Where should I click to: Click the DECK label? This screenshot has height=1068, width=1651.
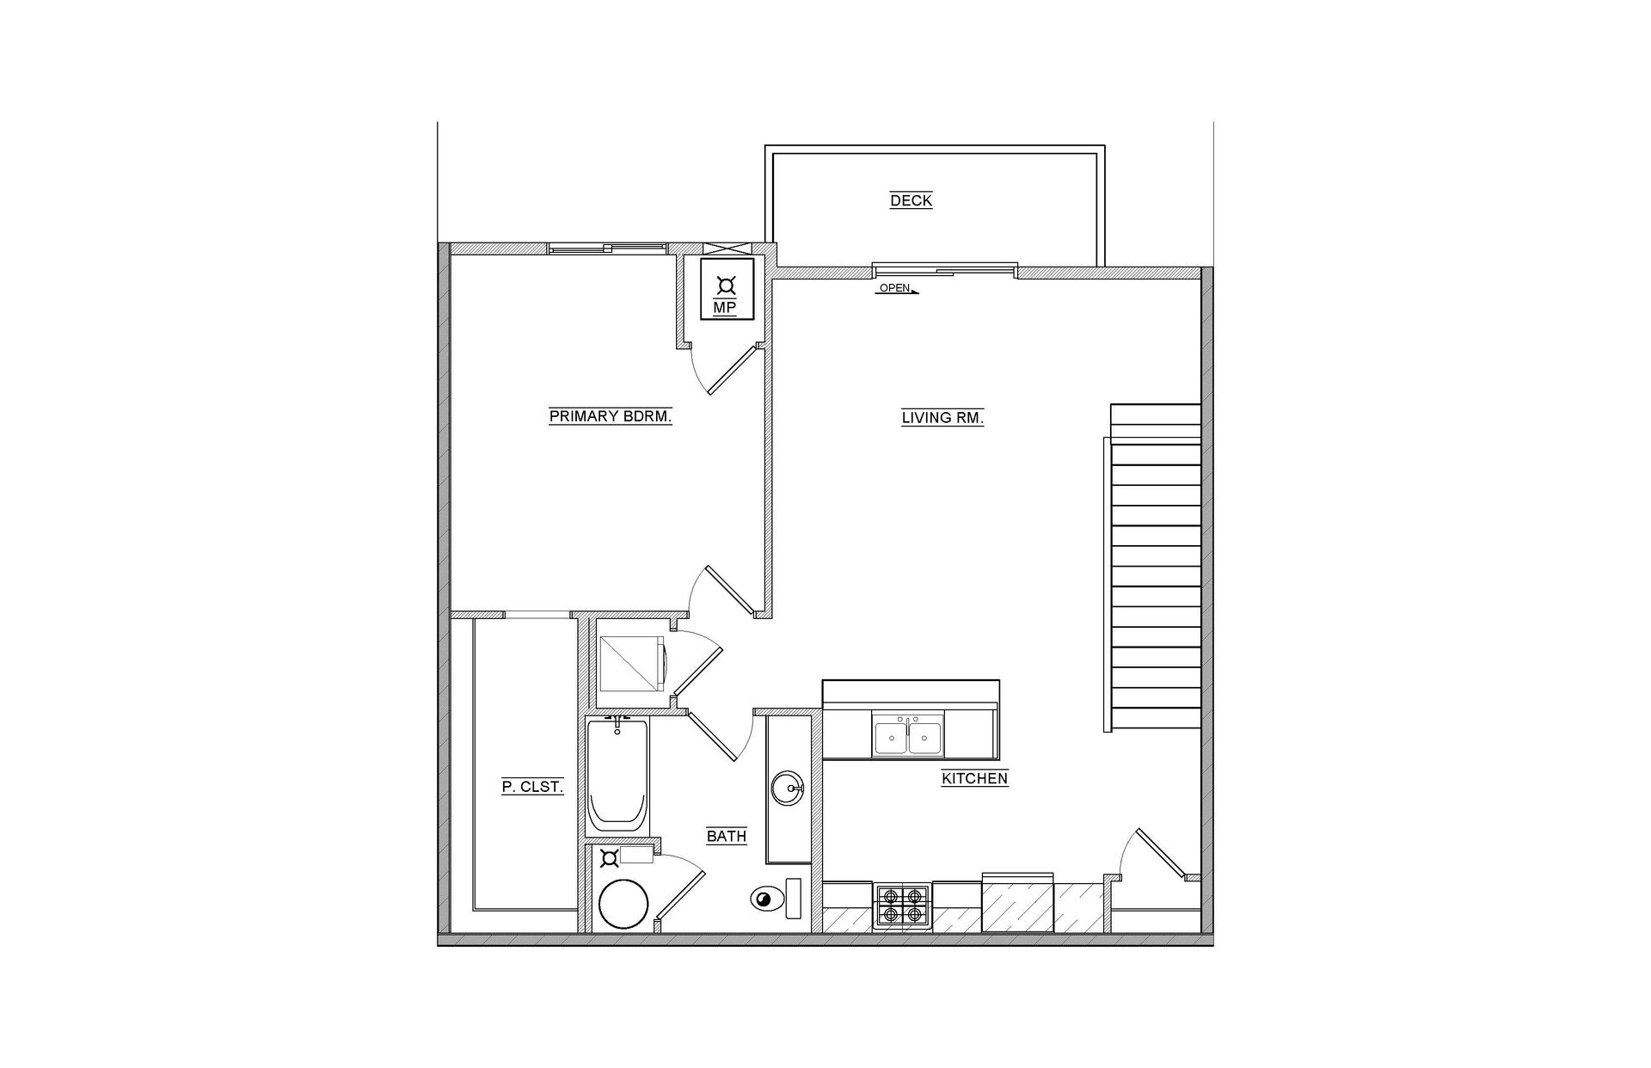(911, 200)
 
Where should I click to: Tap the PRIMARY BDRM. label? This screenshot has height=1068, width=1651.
(610, 417)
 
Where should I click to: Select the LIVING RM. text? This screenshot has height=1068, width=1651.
(942, 418)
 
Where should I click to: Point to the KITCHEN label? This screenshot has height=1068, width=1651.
(974, 779)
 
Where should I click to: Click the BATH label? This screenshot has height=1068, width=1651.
(727, 836)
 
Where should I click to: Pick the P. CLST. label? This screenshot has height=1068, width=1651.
(532, 787)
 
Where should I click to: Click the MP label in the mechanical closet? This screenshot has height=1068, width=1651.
(725, 307)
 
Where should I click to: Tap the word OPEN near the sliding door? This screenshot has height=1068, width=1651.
(894, 288)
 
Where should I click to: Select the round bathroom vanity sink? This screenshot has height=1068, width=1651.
(787, 787)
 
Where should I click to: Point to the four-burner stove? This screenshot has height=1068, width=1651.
(902, 906)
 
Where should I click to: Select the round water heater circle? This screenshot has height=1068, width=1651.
(623, 903)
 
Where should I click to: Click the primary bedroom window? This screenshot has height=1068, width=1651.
(607, 249)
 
